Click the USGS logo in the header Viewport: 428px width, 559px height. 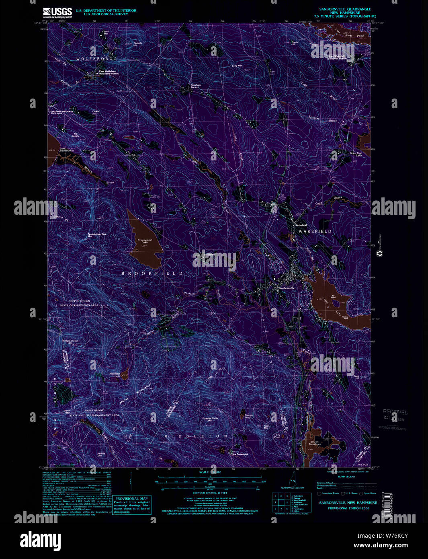(x=57, y=12)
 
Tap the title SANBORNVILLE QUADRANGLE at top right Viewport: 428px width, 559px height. (x=345, y=9)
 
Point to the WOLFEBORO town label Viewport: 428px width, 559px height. (x=95, y=59)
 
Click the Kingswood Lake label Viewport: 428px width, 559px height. (x=143, y=241)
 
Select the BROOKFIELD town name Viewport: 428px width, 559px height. (x=152, y=273)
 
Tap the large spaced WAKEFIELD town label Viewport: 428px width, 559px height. (x=315, y=232)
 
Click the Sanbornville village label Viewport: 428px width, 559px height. (x=287, y=288)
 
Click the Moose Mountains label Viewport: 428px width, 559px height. (x=135, y=394)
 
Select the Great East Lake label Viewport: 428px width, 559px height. (x=356, y=154)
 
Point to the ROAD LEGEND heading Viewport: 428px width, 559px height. (x=346, y=477)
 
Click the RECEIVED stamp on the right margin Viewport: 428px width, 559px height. (x=395, y=412)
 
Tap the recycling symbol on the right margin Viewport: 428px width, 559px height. (x=379, y=254)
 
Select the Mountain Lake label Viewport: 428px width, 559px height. (x=115, y=375)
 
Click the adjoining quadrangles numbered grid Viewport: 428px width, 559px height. (x=281, y=502)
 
